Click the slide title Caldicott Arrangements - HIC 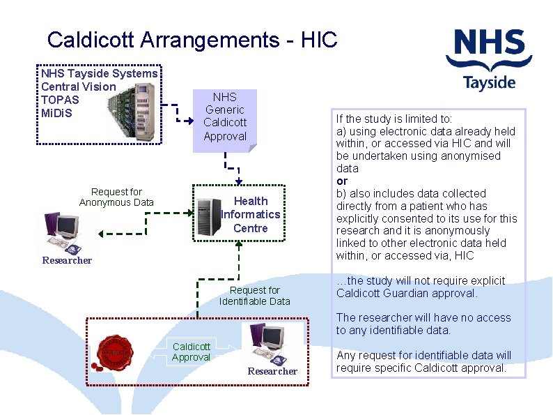[192, 39]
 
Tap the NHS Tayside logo [490, 59]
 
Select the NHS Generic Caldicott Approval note [225, 117]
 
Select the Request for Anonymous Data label [116, 197]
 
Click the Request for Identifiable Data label [254, 296]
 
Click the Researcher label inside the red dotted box [272, 372]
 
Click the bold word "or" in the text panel [342, 181]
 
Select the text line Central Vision [79, 86]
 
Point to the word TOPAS [60, 100]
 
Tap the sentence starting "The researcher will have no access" [423, 324]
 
